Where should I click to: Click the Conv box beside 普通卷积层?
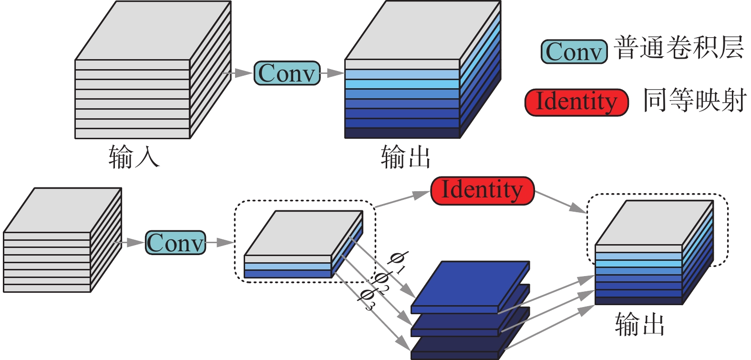pos(574,52)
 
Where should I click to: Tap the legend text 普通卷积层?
pos(679,49)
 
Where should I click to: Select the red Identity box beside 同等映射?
pos(576,102)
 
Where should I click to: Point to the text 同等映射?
pos(694,101)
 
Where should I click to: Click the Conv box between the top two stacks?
pos(287,73)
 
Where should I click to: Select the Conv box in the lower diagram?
pos(175,243)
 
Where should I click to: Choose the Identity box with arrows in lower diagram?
pos(482,190)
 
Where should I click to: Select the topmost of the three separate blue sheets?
pos(470,286)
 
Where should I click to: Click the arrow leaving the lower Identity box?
pos(560,200)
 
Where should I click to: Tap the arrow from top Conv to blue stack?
pos(332,73)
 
